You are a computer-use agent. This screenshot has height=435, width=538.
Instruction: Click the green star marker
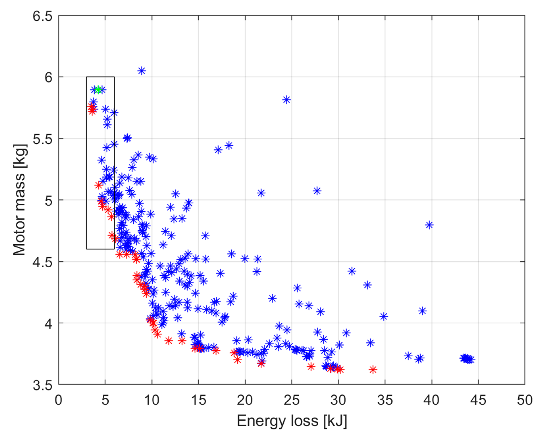pyautogui.click(x=98, y=89)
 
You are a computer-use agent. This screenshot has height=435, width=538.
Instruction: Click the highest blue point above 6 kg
pyautogui.click(x=142, y=71)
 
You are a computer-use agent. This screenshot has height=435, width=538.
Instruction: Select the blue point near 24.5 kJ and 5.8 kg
pyautogui.click(x=286, y=100)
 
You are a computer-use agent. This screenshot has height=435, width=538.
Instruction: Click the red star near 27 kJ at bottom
pyautogui.click(x=311, y=367)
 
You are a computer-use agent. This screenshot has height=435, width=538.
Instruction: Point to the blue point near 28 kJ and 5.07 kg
pyautogui.click(x=317, y=191)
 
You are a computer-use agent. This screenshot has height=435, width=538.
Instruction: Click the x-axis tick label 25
pyautogui.click(x=292, y=400)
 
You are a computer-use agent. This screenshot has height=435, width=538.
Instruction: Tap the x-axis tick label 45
pyautogui.click(x=478, y=400)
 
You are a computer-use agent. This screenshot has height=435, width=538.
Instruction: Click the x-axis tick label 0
pyautogui.click(x=59, y=400)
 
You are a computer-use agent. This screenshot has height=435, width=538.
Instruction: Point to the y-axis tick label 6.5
pyautogui.click(x=42, y=16)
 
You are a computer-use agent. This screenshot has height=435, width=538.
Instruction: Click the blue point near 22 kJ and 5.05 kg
pyautogui.click(x=261, y=193)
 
